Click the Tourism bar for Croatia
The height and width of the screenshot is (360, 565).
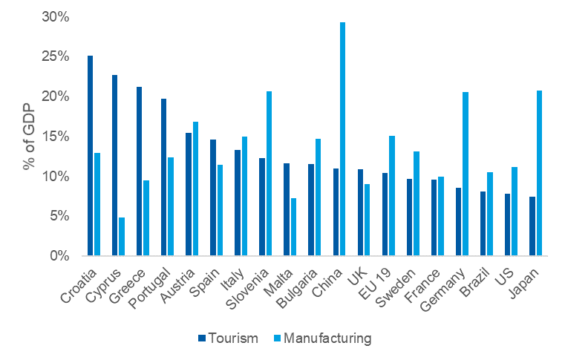pyautogui.click(x=91, y=156)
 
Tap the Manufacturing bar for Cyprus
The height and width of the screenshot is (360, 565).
pyautogui.click(x=122, y=237)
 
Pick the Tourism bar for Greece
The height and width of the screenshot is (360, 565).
pyautogui.click(x=139, y=171)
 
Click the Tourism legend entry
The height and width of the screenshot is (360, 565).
pyautogui.click(x=227, y=338)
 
